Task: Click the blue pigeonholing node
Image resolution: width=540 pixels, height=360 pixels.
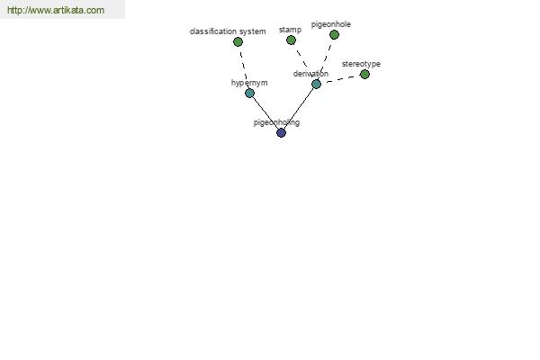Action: (282, 132)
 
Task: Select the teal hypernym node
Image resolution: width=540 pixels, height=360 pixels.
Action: (249, 93)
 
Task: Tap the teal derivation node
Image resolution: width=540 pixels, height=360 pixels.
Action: (316, 84)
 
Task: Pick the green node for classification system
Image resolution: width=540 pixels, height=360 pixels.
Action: (238, 42)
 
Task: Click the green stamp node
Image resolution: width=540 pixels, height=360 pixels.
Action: (291, 40)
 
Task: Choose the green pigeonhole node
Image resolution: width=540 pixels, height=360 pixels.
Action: (334, 35)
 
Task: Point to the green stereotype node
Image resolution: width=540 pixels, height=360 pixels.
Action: (364, 74)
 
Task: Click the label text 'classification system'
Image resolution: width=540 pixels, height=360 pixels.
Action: (228, 31)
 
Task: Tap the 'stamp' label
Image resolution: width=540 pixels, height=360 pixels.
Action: (291, 30)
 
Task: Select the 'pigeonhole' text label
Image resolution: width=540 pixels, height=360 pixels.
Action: (331, 24)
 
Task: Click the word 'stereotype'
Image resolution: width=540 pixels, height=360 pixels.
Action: (361, 64)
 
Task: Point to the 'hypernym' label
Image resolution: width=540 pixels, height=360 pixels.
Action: (249, 83)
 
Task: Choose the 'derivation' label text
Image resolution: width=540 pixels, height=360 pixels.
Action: (310, 74)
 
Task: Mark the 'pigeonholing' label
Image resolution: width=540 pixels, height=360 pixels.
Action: (276, 122)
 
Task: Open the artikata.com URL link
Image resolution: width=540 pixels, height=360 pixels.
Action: (56, 10)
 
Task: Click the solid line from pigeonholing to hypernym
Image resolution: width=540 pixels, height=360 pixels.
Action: (265, 113)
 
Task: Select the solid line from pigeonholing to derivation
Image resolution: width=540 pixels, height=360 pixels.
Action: (299, 109)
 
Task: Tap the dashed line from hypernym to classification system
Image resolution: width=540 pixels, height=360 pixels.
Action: (244, 67)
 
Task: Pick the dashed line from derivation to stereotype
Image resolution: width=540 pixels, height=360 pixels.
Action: (340, 79)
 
